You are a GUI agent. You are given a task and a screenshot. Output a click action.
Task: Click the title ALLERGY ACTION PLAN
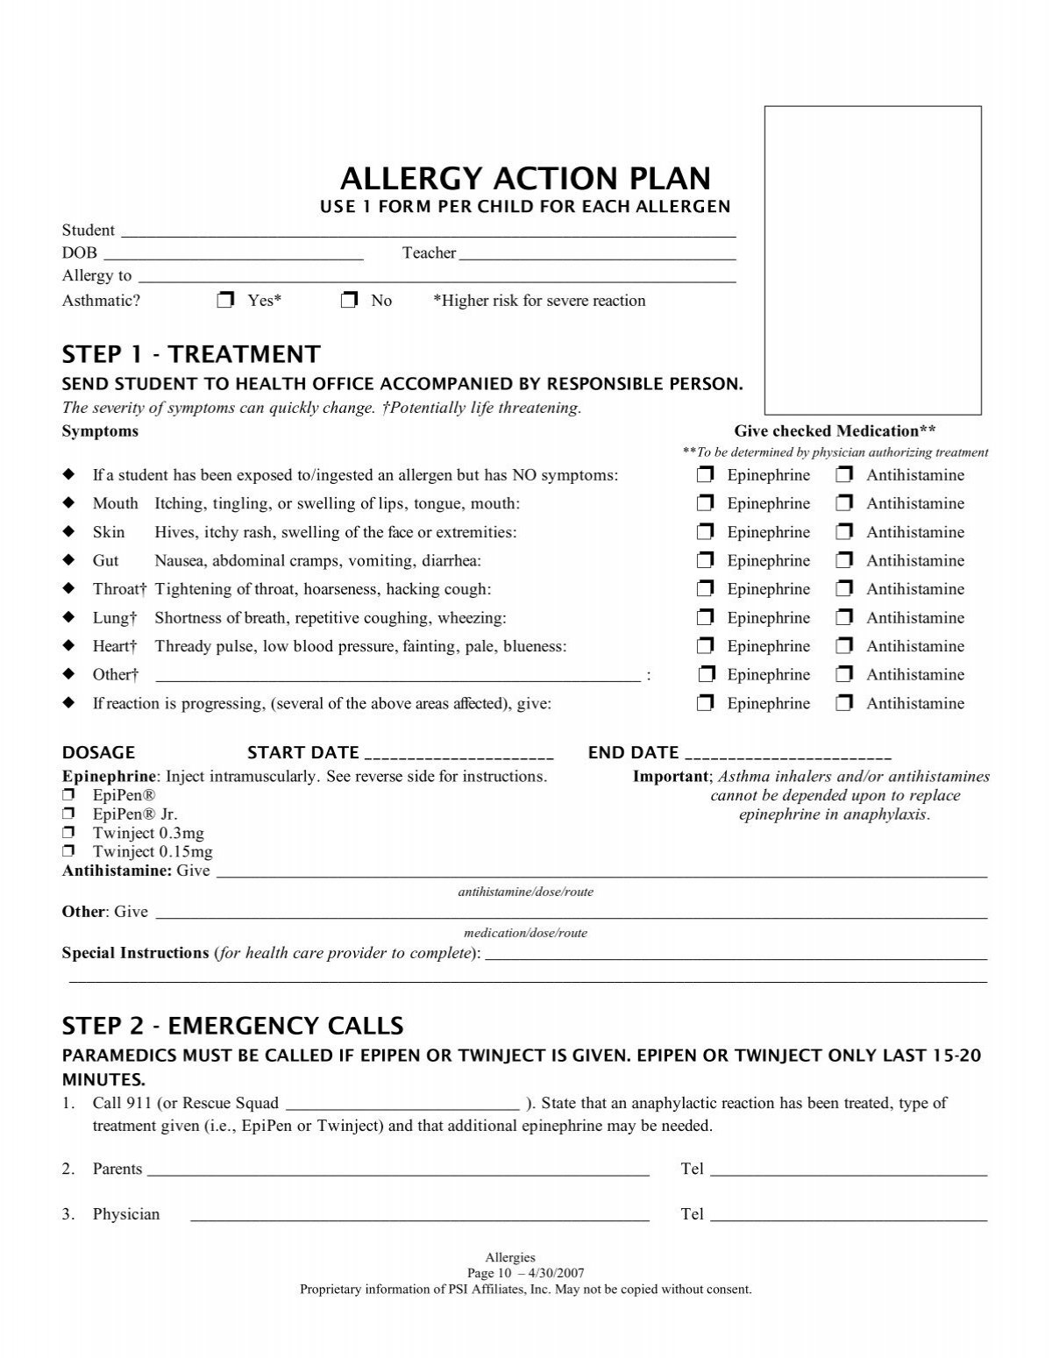click(x=525, y=179)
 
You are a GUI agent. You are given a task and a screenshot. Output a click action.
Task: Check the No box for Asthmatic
click(x=350, y=301)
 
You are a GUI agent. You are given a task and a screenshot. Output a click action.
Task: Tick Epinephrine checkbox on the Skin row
click(x=706, y=532)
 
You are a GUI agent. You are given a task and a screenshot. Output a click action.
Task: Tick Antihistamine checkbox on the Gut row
click(x=844, y=561)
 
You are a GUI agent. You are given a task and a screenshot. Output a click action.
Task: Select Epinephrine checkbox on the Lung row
click(x=706, y=618)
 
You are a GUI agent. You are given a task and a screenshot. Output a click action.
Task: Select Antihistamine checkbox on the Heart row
click(x=844, y=646)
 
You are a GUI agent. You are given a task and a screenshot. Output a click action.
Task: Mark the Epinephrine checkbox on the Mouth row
click(x=706, y=504)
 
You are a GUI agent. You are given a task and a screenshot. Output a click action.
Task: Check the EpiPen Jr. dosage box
click(x=68, y=814)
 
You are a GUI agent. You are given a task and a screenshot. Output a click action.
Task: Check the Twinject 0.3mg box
click(x=68, y=833)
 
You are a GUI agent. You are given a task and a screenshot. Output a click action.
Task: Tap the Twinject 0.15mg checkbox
click(x=68, y=851)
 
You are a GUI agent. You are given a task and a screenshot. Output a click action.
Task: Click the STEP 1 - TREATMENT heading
click(x=191, y=354)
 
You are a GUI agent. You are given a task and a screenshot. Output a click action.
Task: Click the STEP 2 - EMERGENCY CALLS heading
click(x=232, y=1025)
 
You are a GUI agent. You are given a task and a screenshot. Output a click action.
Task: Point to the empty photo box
click(x=872, y=260)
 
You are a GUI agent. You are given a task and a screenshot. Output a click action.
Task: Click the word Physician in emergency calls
click(x=126, y=1214)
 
